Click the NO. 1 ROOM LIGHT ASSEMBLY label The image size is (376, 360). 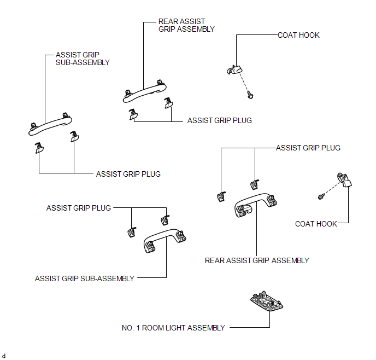click(x=173, y=328)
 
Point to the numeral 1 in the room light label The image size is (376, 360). click(x=138, y=328)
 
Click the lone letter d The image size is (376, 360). click(x=4, y=356)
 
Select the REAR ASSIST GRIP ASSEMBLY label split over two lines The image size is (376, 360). click(x=186, y=25)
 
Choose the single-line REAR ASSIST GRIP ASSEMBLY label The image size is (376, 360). click(x=257, y=260)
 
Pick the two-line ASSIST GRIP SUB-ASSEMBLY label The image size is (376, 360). click(x=83, y=59)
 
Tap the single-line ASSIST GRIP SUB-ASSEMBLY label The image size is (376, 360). click(x=84, y=278)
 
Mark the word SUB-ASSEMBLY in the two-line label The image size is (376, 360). click(x=83, y=62)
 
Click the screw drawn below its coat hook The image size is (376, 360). click(x=250, y=95)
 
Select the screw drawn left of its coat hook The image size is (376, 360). click(x=321, y=196)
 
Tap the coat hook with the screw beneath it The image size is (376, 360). click(x=234, y=69)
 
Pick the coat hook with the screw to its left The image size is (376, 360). click(x=345, y=180)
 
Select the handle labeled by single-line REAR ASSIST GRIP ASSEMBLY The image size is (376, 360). click(x=256, y=204)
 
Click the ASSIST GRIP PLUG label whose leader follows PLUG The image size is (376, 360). click(x=78, y=208)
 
